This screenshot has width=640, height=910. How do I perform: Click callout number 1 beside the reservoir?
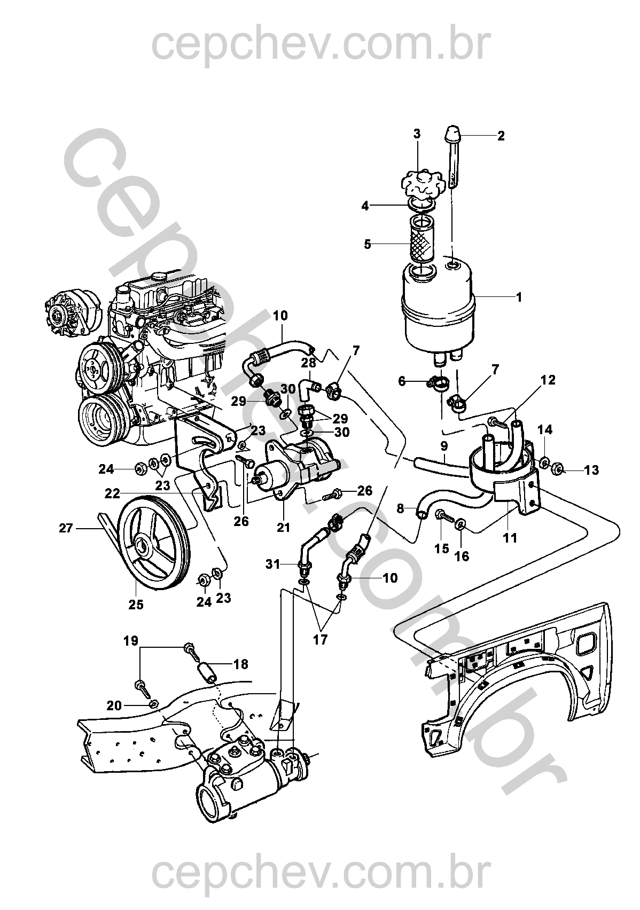(x=519, y=297)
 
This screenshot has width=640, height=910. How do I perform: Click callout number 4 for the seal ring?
(x=365, y=206)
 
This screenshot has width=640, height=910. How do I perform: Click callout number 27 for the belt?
(x=66, y=528)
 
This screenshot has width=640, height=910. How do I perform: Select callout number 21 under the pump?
(x=284, y=527)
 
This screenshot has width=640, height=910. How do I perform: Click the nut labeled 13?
(x=558, y=469)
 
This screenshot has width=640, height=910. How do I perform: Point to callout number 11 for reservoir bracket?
(x=510, y=537)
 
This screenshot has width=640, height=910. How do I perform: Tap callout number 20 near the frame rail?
(x=114, y=705)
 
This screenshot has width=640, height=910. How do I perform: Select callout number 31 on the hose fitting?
(x=272, y=564)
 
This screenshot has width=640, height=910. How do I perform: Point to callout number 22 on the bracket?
(x=113, y=493)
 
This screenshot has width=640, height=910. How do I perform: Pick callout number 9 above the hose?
(x=444, y=446)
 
